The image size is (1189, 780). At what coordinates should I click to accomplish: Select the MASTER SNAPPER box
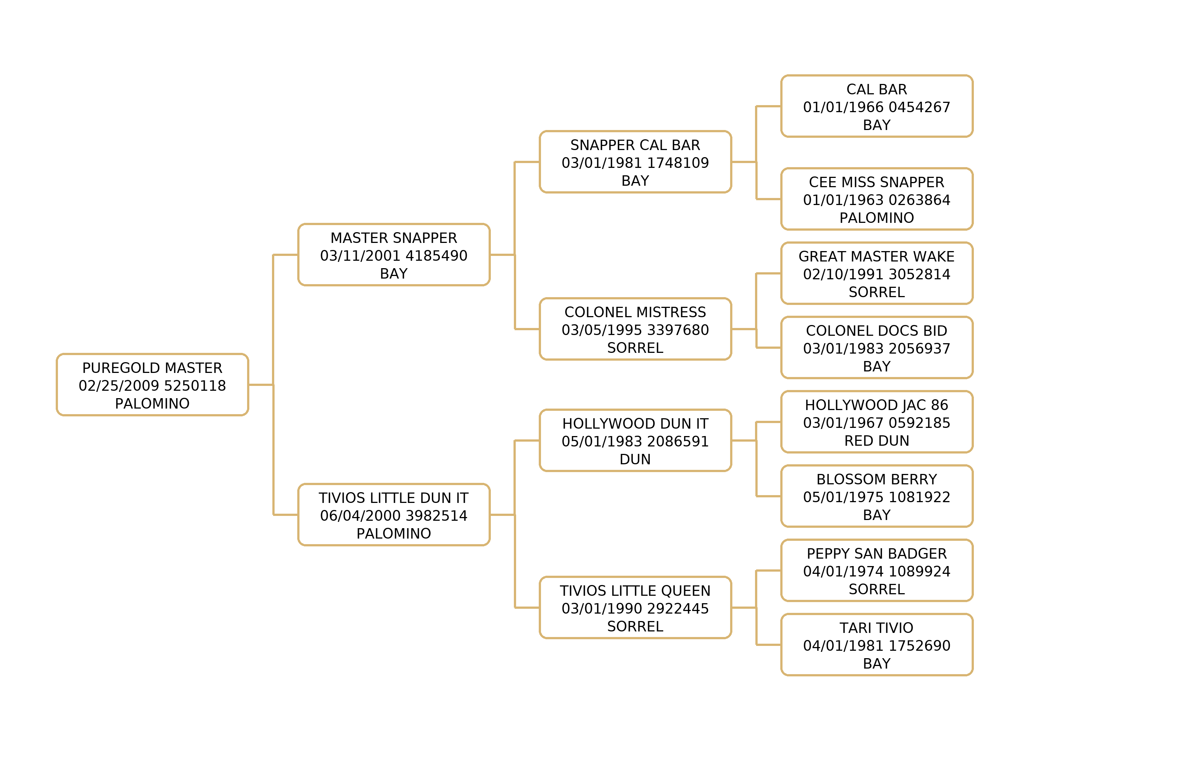coord(393,255)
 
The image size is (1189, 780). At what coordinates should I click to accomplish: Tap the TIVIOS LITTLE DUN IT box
coord(393,515)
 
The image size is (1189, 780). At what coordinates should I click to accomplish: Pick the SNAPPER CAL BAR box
coord(635,162)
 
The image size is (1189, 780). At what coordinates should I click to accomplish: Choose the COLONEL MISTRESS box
coord(635,329)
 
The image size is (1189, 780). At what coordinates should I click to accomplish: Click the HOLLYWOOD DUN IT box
coord(635,441)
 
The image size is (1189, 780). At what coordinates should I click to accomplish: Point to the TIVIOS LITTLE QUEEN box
coord(635,608)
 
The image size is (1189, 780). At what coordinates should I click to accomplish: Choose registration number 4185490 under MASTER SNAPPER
coord(436,256)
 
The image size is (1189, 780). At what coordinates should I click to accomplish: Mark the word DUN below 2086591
coord(635,459)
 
